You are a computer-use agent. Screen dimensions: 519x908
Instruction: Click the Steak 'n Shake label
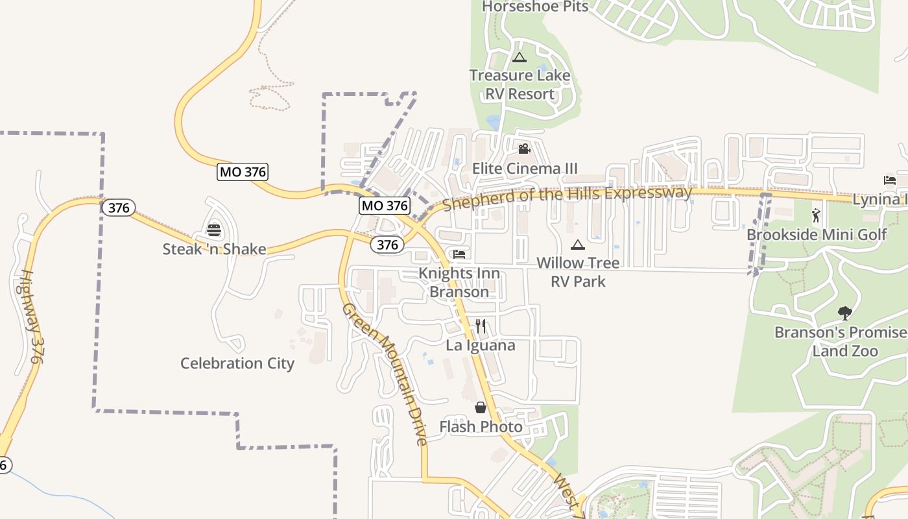(214, 249)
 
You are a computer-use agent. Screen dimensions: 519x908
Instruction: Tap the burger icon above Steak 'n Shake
(214, 230)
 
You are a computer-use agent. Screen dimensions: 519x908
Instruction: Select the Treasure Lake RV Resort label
(520, 84)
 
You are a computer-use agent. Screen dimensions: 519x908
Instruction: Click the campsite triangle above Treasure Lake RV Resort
(520, 57)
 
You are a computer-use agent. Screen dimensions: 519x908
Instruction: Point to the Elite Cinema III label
(525, 169)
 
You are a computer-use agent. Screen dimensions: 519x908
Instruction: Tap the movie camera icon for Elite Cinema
(524, 149)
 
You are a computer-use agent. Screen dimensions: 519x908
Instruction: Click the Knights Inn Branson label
(459, 282)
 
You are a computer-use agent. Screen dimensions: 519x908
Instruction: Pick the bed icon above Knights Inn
(459, 254)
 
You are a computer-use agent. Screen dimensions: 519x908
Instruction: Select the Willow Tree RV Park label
(578, 272)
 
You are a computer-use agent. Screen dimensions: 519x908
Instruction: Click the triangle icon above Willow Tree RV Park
(577, 245)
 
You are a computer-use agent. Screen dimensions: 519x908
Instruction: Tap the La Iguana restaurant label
(481, 345)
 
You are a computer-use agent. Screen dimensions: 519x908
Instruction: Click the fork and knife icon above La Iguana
(481, 326)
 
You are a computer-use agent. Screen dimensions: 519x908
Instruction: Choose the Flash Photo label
(481, 427)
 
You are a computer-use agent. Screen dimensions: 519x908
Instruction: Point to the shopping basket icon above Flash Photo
(481, 407)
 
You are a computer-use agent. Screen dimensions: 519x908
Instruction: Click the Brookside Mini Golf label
(817, 234)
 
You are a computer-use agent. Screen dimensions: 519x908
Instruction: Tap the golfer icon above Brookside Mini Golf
(816, 215)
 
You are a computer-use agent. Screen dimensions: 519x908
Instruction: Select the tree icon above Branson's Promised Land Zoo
(844, 313)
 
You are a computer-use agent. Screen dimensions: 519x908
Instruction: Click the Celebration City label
(237, 363)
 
